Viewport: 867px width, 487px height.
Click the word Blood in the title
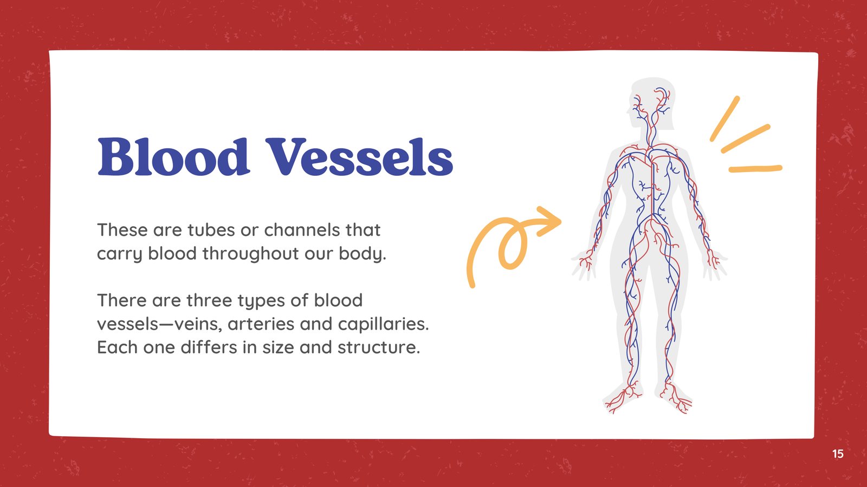(173, 157)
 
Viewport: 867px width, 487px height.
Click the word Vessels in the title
(359, 157)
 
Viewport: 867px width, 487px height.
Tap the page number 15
(838, 454)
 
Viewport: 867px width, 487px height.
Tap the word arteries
(261, 324)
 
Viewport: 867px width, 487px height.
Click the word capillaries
(383, 324)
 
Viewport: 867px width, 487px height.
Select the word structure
(379, 347)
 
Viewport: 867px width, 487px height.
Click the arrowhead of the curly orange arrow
(549, 221)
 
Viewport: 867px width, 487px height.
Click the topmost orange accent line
(725, 119)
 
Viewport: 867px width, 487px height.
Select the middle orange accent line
(746, 139)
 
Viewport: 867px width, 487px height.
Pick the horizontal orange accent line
(755, 169)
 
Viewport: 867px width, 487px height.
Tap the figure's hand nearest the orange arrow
(585, 265)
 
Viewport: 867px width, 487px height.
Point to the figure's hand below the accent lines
(715, 265)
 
